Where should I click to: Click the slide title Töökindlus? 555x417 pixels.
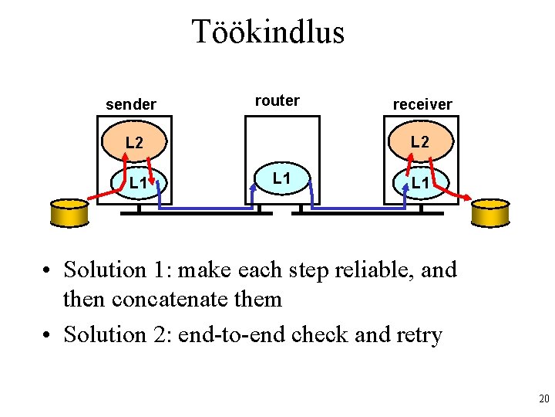pos(267,32)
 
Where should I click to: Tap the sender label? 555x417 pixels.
pos(131,104)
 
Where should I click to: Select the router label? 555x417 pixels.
pos(277,100)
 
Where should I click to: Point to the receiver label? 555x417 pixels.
pos(422,104)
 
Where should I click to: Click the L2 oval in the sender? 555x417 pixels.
pos(134,143)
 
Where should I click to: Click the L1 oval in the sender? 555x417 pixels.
pos(139,183)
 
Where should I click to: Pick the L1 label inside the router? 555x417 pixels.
pos(281,178)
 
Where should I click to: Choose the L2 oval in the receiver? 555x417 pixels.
pos(420,142)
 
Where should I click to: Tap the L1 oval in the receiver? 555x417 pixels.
pos(420,183)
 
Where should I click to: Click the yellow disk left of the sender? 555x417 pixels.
pos(70,212)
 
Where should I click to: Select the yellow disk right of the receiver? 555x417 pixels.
pos(490,212)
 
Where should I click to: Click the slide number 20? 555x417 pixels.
pos(543,399)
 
